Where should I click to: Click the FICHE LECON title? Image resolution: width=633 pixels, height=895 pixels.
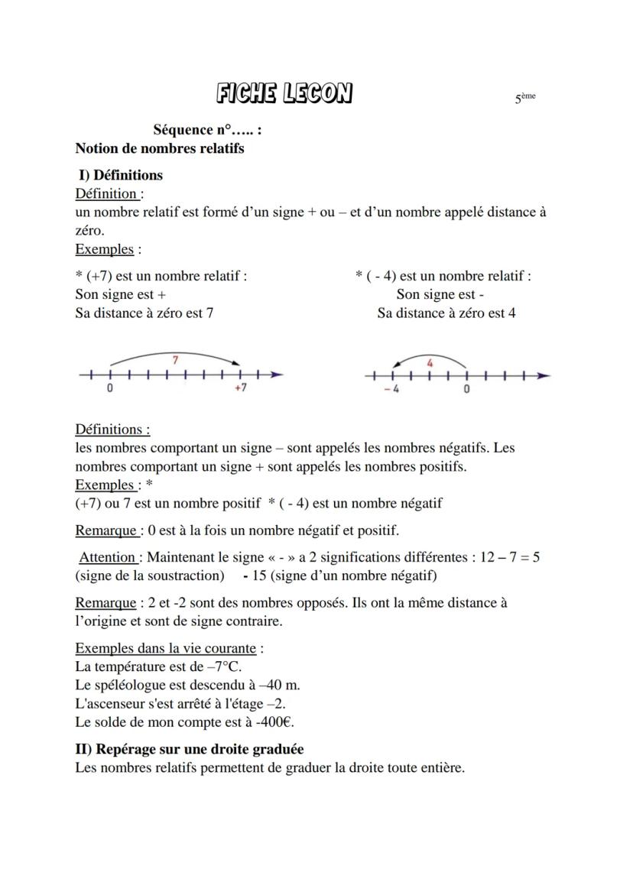(284, 94)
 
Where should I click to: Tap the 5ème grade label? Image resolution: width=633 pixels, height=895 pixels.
(525, 98)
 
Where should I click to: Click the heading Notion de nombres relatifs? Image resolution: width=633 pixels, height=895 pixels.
(160, 148)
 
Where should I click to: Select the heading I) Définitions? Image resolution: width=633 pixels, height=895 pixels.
(121, 175)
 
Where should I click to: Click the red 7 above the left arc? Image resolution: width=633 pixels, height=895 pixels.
(176, 359)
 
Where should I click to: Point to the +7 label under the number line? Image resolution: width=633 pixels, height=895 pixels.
(240, 388)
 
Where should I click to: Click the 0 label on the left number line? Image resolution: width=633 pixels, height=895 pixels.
(110, 388)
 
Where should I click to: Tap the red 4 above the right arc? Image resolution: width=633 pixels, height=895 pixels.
(430, 363)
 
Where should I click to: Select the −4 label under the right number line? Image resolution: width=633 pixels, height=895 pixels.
(391, 389)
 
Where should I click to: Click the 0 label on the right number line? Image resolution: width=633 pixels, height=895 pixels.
(467, 389)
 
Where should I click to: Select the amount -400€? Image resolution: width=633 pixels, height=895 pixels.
(276, 722)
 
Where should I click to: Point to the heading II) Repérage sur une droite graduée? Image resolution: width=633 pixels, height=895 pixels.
(190, 749)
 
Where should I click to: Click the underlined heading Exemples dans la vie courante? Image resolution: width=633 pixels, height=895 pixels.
(166, 648)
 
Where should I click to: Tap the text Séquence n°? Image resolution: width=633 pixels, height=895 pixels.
(197, 130)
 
